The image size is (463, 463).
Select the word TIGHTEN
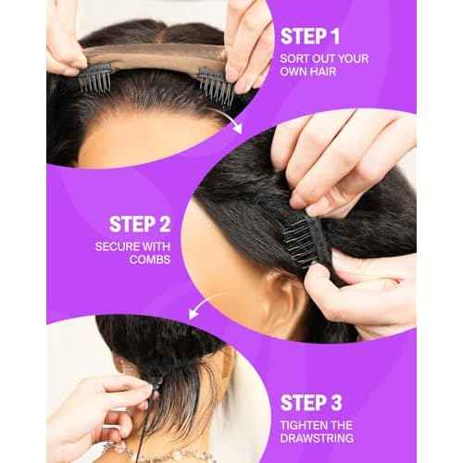click(x=305, y=428)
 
